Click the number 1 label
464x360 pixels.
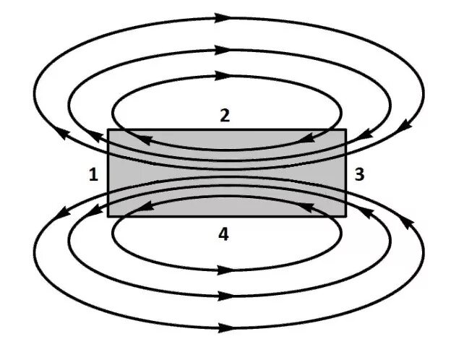coord(93,175)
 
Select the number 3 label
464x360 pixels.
coord(359,174)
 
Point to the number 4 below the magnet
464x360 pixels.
coord(224,234)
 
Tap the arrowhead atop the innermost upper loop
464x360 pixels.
coord(225,75)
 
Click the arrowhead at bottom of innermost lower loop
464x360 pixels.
coord(225,270)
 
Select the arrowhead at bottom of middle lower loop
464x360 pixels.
coord(225,296)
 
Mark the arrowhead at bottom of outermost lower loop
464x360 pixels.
coord(225,328)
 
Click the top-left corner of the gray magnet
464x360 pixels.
coord(108,130)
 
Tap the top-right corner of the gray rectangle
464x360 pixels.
coord(346,130)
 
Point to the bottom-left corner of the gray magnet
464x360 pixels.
coord(108,216)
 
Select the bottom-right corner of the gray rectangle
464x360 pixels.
coord(346,216)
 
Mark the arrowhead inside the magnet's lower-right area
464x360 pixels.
coord(308,207)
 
